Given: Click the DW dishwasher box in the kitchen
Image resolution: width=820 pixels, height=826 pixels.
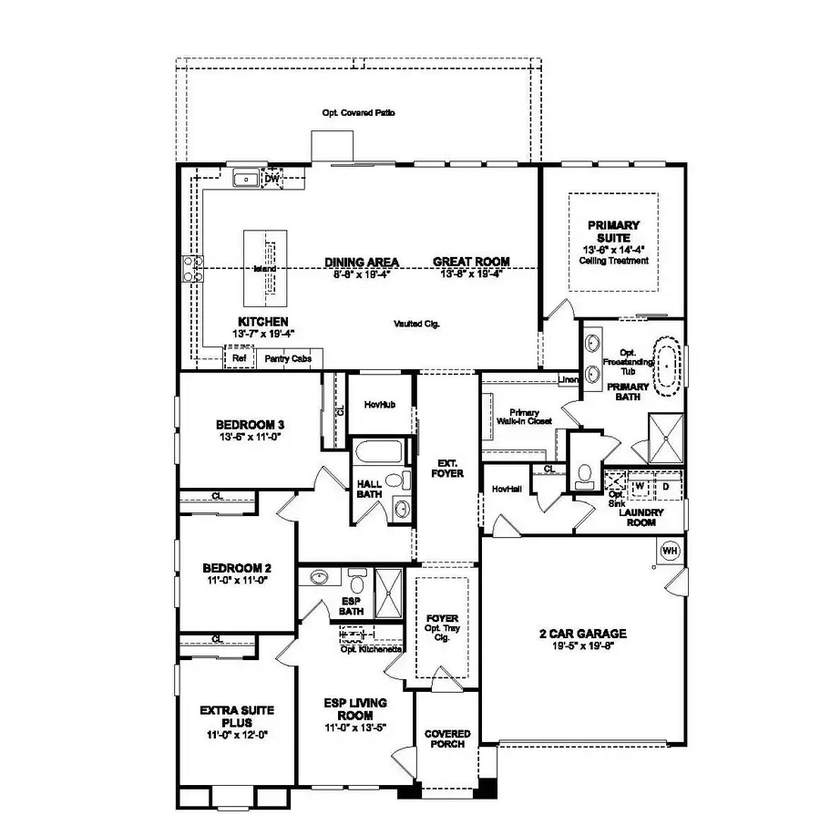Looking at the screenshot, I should coord(272,180).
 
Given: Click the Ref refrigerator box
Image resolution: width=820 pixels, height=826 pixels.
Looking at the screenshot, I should coord(239,359).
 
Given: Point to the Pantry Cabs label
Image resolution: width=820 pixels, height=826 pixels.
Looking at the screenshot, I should coord(288,359).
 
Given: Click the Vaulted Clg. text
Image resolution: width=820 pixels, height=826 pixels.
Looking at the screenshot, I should coord(417,324).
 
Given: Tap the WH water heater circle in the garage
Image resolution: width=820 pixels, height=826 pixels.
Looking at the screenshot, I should coord(670,551).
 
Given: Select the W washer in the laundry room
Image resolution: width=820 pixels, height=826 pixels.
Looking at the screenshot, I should coord(641,486).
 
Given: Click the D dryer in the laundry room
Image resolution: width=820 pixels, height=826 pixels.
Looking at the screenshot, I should coord(666,486).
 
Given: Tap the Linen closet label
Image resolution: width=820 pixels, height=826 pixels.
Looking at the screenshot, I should coord(568,379).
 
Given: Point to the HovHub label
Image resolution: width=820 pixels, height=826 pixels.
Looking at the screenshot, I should coord(378,403).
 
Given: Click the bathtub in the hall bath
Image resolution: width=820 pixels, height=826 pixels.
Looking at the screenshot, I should coord(374,453).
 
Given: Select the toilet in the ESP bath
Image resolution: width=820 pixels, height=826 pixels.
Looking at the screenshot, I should coord(357,581).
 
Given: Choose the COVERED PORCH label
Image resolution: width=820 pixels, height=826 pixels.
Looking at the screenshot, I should coord(447,738).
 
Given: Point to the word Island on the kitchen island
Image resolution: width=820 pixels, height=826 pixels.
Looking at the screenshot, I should coord(265,269).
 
